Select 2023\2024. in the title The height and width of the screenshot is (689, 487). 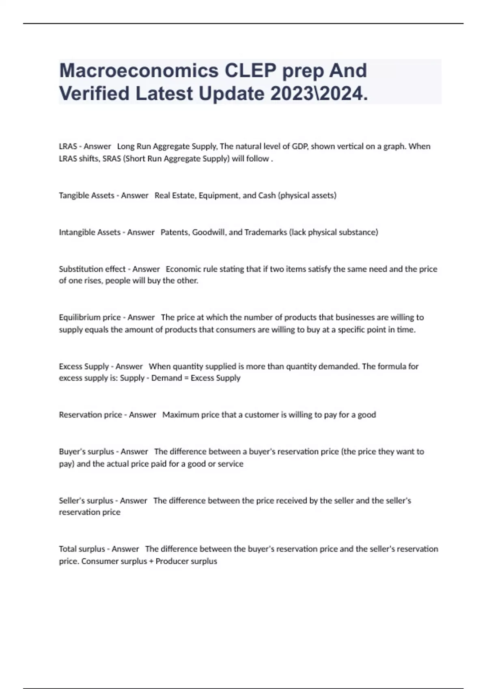pos(319,94)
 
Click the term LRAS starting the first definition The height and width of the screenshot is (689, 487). pos(68,146)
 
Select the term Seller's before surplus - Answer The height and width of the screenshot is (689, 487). pos(71,501)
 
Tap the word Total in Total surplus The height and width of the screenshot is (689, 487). pos(67,549)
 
